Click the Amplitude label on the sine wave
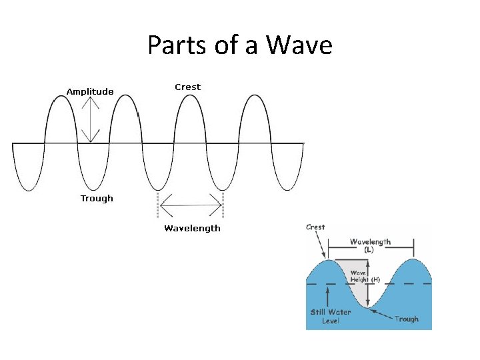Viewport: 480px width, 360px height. click(x=90, y=91)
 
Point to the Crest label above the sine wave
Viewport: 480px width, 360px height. click(x=187, y=87)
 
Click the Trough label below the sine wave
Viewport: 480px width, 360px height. click(x=97, y=198)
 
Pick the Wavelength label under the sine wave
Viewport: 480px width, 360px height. click(x=192, y=228)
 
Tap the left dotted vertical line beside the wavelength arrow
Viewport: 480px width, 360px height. click(x=157, y=204)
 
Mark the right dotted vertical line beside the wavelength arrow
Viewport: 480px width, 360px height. click(x=223, y=204)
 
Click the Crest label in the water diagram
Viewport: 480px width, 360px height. click(x=315, y=227)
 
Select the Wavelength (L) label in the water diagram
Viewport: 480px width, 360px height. click(x=370, y=245)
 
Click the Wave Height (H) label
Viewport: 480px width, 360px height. click(x=365, y=276)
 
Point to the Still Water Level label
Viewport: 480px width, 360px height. click(x=331, y=316)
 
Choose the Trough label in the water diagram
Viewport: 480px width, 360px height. click(x=406, y=319)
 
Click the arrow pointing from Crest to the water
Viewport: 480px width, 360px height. click(x=321, y=246)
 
